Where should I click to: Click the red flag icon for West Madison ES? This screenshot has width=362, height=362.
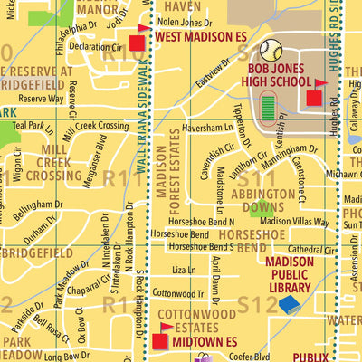[138, 40]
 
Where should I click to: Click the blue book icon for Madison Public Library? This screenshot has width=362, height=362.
[289, 304]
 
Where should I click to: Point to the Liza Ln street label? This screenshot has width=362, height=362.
[184, 270]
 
